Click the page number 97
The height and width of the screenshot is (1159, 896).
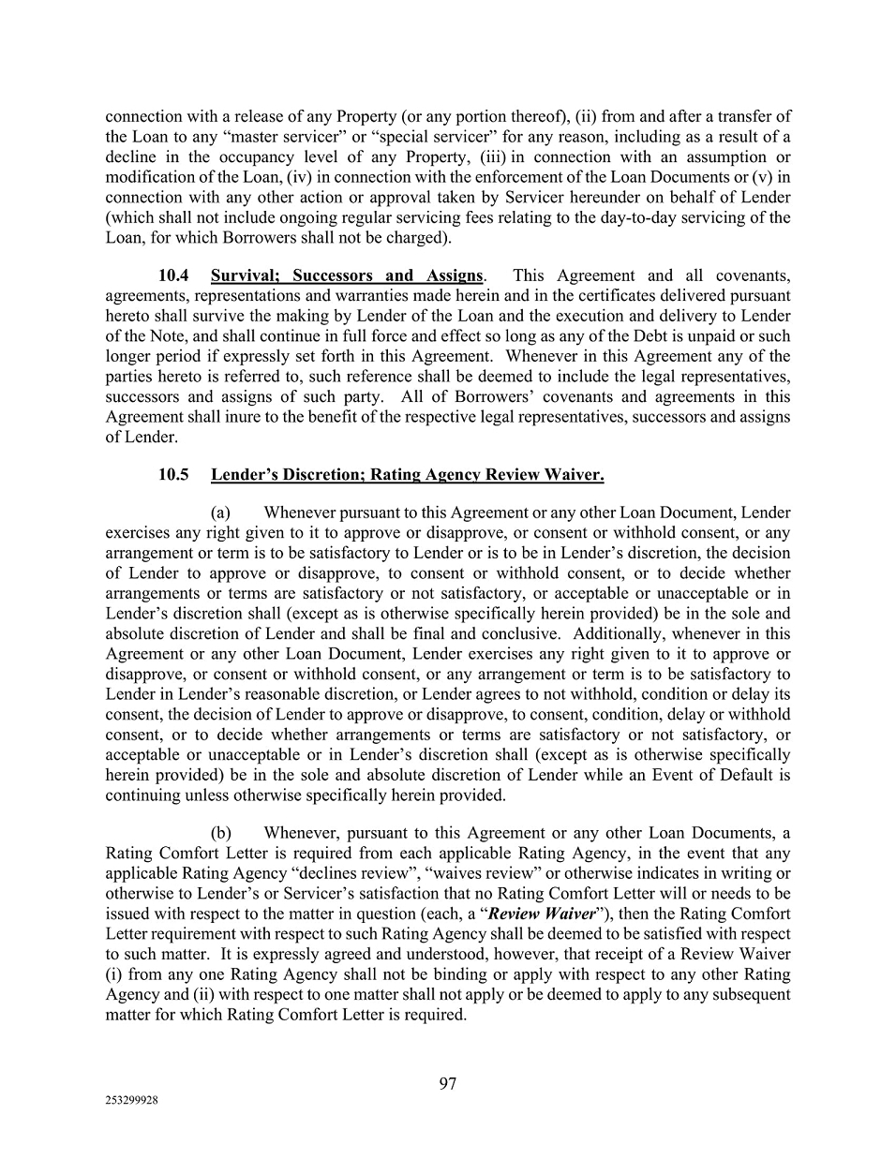pyautogui.click(x=448, y=1083)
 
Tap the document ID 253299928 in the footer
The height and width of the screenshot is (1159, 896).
pyautogui.click(x=131, y=1102)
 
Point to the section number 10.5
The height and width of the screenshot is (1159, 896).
pyautogui.click(x=173, y=474)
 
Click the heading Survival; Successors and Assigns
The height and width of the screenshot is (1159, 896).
pyautogui.click(x=347, y=275)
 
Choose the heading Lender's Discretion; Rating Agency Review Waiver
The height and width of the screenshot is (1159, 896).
pyautogui.click(x=407, y=474)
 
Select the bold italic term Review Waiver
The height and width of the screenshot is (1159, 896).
pyautogui.click(x=542, y=914)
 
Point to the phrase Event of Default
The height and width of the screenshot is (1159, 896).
pyautogui.click(x=716, y=775)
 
